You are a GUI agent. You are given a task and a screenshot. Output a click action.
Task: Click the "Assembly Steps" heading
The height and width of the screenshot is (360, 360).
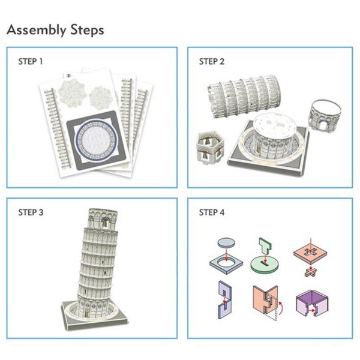[55, 30]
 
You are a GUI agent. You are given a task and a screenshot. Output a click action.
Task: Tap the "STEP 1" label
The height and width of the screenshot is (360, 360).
[31, 62]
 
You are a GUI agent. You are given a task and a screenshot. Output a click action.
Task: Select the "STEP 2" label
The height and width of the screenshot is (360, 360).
[211, 62]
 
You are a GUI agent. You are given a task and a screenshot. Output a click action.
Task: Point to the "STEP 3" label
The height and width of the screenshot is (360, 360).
[31, 212]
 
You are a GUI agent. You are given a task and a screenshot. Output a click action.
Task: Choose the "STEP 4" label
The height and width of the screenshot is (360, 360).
[212, 212]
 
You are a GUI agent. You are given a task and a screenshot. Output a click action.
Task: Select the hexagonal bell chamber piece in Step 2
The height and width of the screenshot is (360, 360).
[210, 147]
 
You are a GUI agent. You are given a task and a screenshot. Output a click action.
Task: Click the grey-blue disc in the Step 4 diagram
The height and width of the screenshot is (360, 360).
[226, 242]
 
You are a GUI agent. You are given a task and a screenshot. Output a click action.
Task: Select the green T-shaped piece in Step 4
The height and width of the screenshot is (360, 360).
[265, 247]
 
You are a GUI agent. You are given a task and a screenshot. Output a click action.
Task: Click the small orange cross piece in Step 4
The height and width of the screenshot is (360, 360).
[311, 272]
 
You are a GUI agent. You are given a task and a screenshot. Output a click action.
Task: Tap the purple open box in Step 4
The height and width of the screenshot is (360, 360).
[313, 303]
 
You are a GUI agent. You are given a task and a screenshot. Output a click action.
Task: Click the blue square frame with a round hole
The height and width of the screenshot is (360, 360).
[226, 263]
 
